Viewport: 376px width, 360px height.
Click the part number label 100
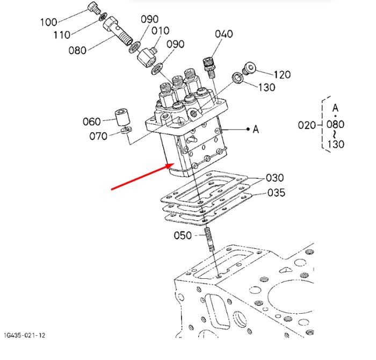tap(49, 23)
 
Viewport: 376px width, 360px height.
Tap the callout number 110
tap(62, 35)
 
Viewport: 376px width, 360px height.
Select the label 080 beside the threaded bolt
tap(77, 51)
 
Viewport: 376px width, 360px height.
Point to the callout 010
tap(161, 31)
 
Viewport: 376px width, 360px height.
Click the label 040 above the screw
tap(224, 34)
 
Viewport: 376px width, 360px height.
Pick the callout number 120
tap(282, 75)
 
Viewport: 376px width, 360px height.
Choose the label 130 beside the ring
tap(266, 87)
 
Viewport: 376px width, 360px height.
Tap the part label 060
tap(92, 121)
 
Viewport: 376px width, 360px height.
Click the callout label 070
tap(98, 136)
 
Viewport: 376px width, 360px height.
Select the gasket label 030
tap(275, 178)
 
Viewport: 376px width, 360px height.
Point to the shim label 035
tap(276, 192)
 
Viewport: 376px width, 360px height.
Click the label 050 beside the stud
tap(183, 235)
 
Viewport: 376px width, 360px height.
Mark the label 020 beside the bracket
tap(307, 125)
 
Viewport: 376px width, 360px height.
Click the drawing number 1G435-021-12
tap(25, 335)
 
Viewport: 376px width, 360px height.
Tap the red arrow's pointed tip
tap(175, 163)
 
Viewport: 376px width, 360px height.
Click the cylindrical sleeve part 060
tap(122, 117)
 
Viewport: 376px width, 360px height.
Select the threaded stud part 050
tap(209, 239)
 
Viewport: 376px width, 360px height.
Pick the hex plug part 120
tap(249, 68)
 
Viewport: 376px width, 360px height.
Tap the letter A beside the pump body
tap(256, 129)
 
